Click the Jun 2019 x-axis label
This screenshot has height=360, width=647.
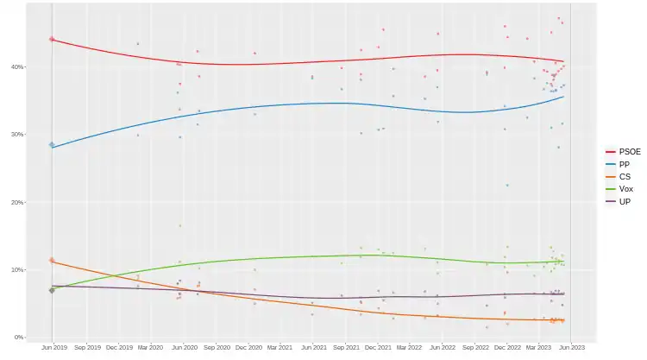53,349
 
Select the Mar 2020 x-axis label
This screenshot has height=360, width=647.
150,349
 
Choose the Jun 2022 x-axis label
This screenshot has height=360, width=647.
442,349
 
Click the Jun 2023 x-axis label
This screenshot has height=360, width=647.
570,349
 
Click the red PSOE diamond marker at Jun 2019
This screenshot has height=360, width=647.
52,39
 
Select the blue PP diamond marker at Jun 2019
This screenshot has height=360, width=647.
52,145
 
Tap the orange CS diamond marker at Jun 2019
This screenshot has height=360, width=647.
52,260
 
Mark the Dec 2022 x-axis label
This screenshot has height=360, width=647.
506,349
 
